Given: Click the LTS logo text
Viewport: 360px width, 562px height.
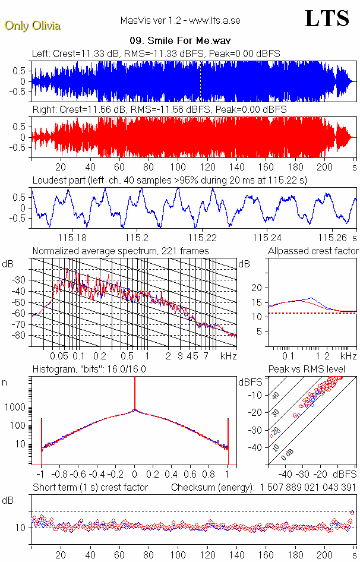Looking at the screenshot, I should pyautogui.click(x=327, y=19).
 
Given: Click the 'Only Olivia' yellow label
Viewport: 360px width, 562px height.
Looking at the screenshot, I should pyautogui.click(x=32, y=26).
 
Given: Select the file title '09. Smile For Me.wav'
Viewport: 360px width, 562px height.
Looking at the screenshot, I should pyautogui.click(x=179, y=42).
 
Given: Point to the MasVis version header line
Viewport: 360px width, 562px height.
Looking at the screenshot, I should pyautogui.click(x=179, y=20).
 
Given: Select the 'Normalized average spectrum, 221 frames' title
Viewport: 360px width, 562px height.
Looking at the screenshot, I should pyautogui.click(x=121, y=251).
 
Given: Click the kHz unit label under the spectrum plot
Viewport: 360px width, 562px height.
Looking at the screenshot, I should pyautogui.click(x=228, y=356).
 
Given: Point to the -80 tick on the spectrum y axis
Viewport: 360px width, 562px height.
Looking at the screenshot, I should pyautogui.click(x=21, y=336).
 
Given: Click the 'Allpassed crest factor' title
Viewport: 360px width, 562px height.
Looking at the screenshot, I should pyautogui.click(x=313, y=251).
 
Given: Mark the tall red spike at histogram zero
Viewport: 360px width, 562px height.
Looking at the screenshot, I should pyautogui.click(x=134, y=392).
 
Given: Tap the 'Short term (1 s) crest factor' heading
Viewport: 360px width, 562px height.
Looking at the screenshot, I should pyautogui.click(x=90, y=488).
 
